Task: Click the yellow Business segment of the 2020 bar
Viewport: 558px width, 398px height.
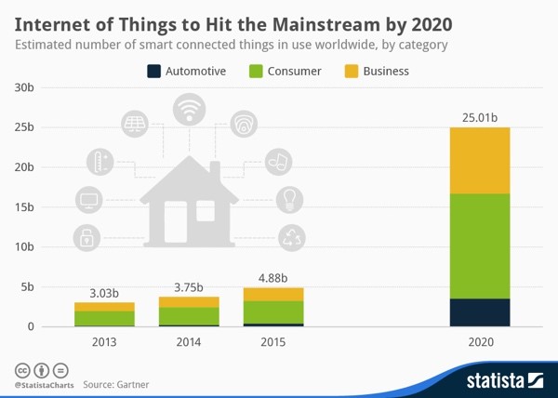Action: point(480,160)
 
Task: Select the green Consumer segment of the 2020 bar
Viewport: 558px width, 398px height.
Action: point(480,245)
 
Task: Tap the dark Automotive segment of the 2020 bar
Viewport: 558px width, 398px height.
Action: point(480,312)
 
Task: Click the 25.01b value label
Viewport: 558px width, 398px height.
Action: point(480,117)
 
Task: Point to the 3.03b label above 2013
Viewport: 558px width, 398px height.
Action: point(104,293)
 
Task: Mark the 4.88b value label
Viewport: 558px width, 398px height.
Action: point(272,277)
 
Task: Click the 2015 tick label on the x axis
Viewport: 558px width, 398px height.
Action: point(272,342)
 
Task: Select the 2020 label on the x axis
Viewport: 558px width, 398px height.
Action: point(480,342)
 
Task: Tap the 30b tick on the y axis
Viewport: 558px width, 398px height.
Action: point(24,87)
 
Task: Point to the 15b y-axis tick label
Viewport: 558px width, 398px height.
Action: point(24,207)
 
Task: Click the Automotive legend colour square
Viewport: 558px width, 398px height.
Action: point(154,71)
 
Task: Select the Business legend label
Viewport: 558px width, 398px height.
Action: point(386,71)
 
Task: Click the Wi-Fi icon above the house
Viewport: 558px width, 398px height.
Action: point(191,109)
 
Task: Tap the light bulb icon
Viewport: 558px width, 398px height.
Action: point(289,198)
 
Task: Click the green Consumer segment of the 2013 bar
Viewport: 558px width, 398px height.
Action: point(104,318)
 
